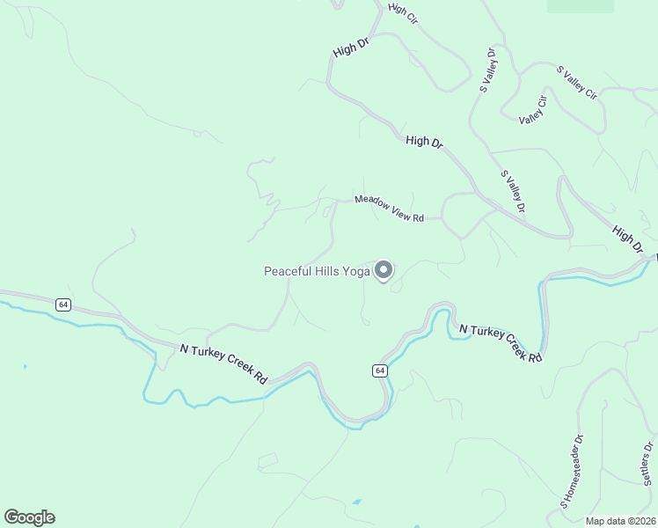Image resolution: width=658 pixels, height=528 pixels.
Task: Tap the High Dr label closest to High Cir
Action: (349, 45)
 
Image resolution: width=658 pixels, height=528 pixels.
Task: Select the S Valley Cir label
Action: (576, 81)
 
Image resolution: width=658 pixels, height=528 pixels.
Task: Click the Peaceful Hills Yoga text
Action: (317, 271)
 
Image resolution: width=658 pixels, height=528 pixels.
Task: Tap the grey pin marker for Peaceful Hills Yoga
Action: (384, 270)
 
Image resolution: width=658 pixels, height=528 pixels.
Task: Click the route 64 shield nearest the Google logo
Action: (62, 304)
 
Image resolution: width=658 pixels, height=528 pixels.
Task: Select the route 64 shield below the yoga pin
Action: (379, 370)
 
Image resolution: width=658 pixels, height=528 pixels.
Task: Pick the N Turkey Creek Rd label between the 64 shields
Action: (223, 363)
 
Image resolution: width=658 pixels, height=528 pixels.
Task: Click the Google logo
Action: (29, 517)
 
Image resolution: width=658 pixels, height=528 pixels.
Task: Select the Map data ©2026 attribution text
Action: (619, 521)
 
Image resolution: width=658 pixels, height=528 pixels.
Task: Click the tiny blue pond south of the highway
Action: (355, 502)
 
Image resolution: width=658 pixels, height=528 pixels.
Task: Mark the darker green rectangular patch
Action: (580, 5)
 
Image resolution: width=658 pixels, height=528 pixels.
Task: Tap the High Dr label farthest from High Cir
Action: (628, 238)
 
